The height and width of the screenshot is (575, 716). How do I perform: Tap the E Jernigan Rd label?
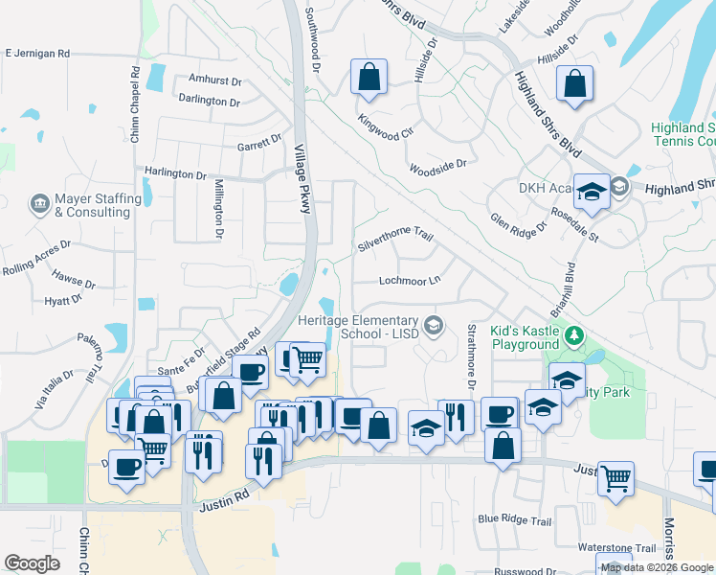[37, 54]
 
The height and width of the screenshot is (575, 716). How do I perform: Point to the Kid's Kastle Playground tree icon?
[574, 335]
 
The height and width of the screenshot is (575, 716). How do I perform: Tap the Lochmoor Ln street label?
[410, 281]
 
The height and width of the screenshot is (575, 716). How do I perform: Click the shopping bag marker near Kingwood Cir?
[369, 79]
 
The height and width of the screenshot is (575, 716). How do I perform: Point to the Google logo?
[32, 563]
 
